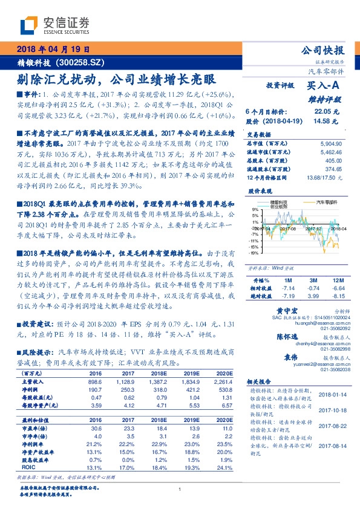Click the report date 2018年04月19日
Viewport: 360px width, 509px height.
point(54,48)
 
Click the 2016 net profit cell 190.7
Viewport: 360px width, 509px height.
point(96,391)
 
